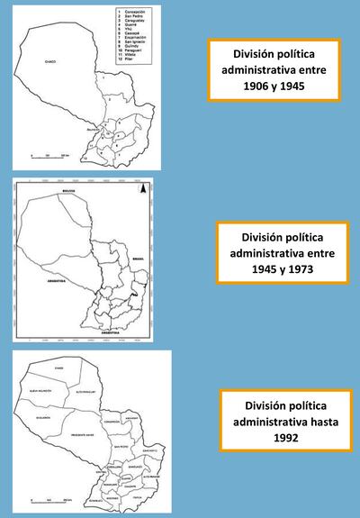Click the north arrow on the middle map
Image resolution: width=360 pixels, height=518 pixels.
[140, 188]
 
